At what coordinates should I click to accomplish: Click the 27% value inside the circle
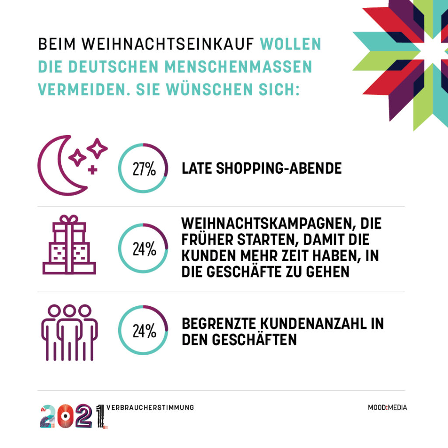tap(144, 169)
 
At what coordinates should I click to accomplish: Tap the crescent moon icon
tap(59, 166)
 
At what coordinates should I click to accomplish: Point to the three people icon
tap(69, 332)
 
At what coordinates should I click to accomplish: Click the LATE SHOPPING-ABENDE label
tap(262, 168)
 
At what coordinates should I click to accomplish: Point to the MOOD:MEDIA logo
tap(387, 408)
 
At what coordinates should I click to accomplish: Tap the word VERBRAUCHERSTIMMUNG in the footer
tap(150, 408)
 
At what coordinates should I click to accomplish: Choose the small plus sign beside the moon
tap(92, 170)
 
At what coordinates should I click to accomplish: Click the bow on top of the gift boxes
tap(69, 219)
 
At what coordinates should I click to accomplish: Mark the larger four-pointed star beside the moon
tap(97, 149)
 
